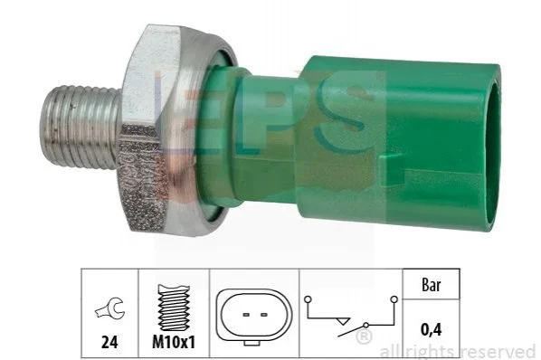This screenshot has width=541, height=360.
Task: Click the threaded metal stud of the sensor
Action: [80, 127]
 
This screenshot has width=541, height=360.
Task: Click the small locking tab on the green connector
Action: [394, 166]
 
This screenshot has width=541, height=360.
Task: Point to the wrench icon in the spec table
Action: [109, 308]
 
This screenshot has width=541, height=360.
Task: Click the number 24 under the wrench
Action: [109, 342]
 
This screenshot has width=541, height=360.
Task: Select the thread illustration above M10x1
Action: [174, 308]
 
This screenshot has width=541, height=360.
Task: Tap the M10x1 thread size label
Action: [174, 342]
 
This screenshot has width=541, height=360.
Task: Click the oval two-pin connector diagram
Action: [254, 317]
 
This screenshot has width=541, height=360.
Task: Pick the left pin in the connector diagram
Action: [246, 315]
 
